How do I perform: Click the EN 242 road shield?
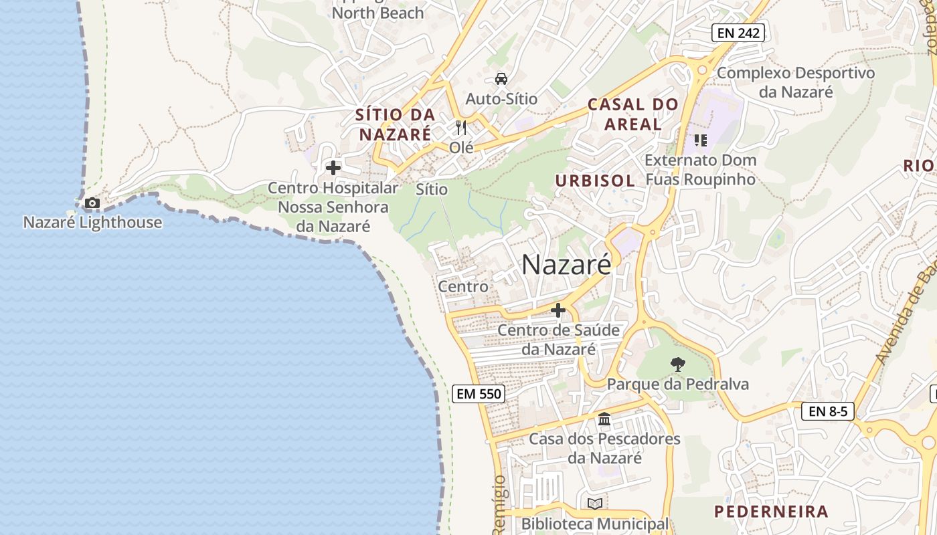tap(738, 32)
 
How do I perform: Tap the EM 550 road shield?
tap(478, 394)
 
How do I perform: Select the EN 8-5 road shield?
tap(827, 411)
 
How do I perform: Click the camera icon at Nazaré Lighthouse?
tap(92, 203)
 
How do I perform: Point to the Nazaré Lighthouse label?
tap(92, 223)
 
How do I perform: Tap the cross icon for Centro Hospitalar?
tap(333, 168)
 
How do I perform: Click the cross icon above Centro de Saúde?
tap(558, 310)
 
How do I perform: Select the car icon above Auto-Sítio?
tap(501, 79)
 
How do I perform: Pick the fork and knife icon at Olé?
tap(461, 127)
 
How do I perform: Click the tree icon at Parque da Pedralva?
tap(677, 364)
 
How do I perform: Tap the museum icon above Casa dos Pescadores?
tap(604, 419)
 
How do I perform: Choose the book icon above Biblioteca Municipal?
tap(594, 504)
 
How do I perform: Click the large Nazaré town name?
tap(566, 265)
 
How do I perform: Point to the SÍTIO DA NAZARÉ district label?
tap(396, 124)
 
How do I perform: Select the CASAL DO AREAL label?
tap(633, 114)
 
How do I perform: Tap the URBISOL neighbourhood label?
tap(594, 181)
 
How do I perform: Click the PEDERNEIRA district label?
tap(771, 512)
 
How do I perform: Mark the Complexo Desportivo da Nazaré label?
tap(796, 82)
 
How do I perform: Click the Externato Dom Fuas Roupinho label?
tap(700, 170)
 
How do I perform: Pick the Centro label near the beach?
tap(463, 287)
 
